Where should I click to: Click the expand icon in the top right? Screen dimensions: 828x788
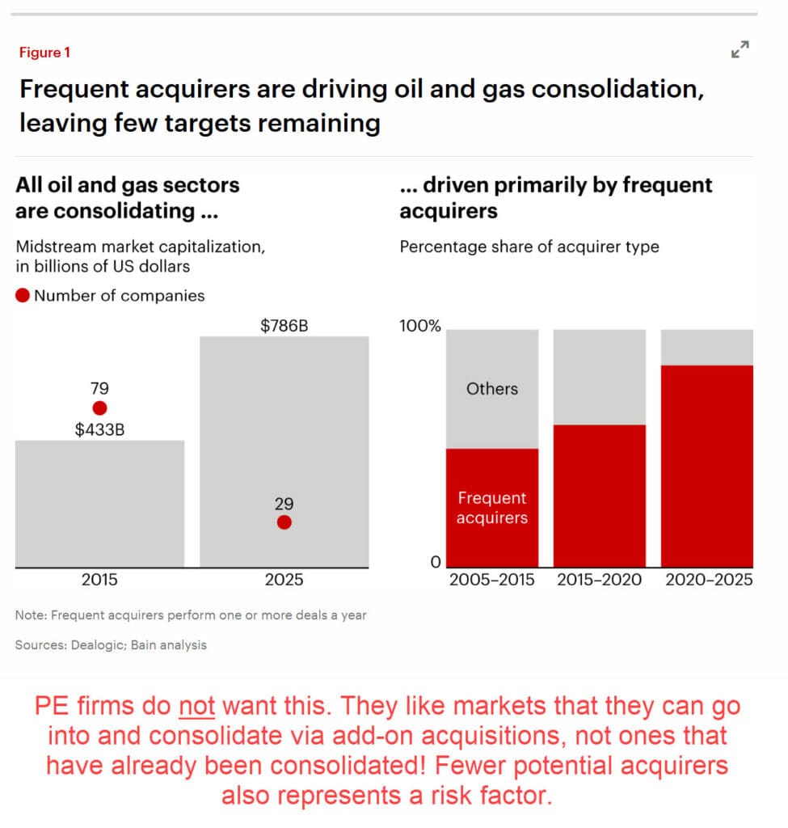(x=740, y=50)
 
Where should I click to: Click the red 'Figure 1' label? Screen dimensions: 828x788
(x=44, y=53)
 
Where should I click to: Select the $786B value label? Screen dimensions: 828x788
(x=284, y=327)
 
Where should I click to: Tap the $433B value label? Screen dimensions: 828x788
(x=99, y=429)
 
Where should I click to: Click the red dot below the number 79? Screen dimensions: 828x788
(x=99, y=408)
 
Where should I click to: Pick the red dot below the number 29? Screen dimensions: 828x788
(x=284, y=522)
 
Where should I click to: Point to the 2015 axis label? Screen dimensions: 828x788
(x=99, y=580)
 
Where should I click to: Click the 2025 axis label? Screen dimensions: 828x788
(x=284, y=580)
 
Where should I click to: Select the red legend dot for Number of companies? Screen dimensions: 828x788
(x=23, y=296)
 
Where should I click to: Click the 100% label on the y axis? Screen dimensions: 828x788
(x=420, y=327)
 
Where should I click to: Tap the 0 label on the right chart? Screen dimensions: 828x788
(x=434, y=562)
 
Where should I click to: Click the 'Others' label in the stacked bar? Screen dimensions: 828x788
(x=491, y=389)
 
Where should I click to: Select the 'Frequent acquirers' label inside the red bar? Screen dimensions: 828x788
(x=491, y=509)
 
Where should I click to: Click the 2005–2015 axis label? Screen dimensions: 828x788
(x=491, y=580)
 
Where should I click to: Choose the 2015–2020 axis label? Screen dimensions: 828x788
(x=599, y=580)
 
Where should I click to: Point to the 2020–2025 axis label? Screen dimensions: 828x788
(x=706, y=580)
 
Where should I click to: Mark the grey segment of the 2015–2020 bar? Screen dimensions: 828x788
(x=599, y=377)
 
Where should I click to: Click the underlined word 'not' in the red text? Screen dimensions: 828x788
(x=197, y=706)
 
